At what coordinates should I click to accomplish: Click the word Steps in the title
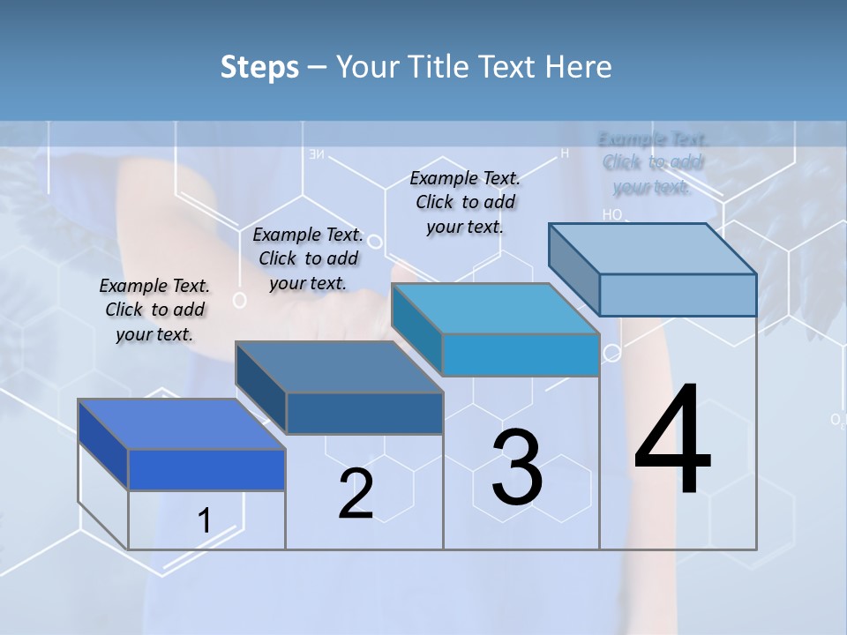pos(259,67)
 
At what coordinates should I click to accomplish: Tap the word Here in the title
pos(579,67)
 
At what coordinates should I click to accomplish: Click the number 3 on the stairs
pos(516,467)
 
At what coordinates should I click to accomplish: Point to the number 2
pos(356,494)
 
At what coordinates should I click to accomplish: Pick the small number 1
pos(204,520)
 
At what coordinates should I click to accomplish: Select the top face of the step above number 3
pos(495,309)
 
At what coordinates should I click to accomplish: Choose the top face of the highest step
pos(652,249)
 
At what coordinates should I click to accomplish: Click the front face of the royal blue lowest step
pos(206,469)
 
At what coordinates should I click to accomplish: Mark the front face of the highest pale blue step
pos(678,295)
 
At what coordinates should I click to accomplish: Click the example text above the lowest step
pos(154,310)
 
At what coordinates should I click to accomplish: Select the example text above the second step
pos(308,258)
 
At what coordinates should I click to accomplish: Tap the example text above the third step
pos(465,202)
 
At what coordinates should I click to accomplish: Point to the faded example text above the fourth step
pos(653,162)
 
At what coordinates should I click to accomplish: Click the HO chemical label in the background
pos(611,214)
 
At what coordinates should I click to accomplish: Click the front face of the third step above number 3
pos(521,355)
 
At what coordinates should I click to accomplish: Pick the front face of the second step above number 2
pos(364,413)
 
